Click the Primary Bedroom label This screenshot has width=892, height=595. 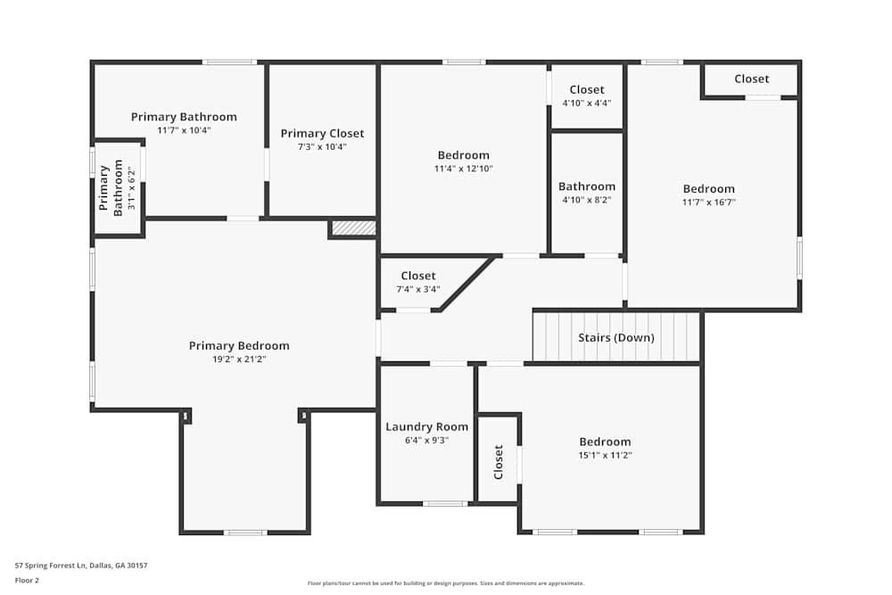tap(239, 346)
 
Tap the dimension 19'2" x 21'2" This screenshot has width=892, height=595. tap(239, 359)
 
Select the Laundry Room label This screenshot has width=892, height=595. tap(426, 427)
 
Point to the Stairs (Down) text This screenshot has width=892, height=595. tap(615, 338)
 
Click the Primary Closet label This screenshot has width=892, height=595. tap(322, 134)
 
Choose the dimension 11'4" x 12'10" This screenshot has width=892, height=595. tap(464, 169)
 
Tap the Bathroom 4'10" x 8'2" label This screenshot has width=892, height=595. tap(587, 186)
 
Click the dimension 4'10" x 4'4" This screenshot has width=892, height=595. tap(587, 103)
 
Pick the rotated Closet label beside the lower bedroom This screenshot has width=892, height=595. tap(499, 462)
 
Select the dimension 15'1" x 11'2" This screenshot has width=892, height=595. tap(605, 455)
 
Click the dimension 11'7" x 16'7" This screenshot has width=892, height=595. tap(709, 202)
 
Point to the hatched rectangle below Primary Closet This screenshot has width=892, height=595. tap(353, 228)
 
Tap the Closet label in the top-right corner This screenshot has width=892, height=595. tap(751, 79)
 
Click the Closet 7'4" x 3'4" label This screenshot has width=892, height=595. tap(418, 277)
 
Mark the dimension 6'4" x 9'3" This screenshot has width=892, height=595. tap(426, 440)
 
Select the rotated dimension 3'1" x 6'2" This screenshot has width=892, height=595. tap(132, 188)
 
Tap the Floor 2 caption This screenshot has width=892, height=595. tap(27, 580)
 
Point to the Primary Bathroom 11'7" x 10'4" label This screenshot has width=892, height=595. tap(184, 117)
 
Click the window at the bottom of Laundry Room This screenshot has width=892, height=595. tap(444, 504)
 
